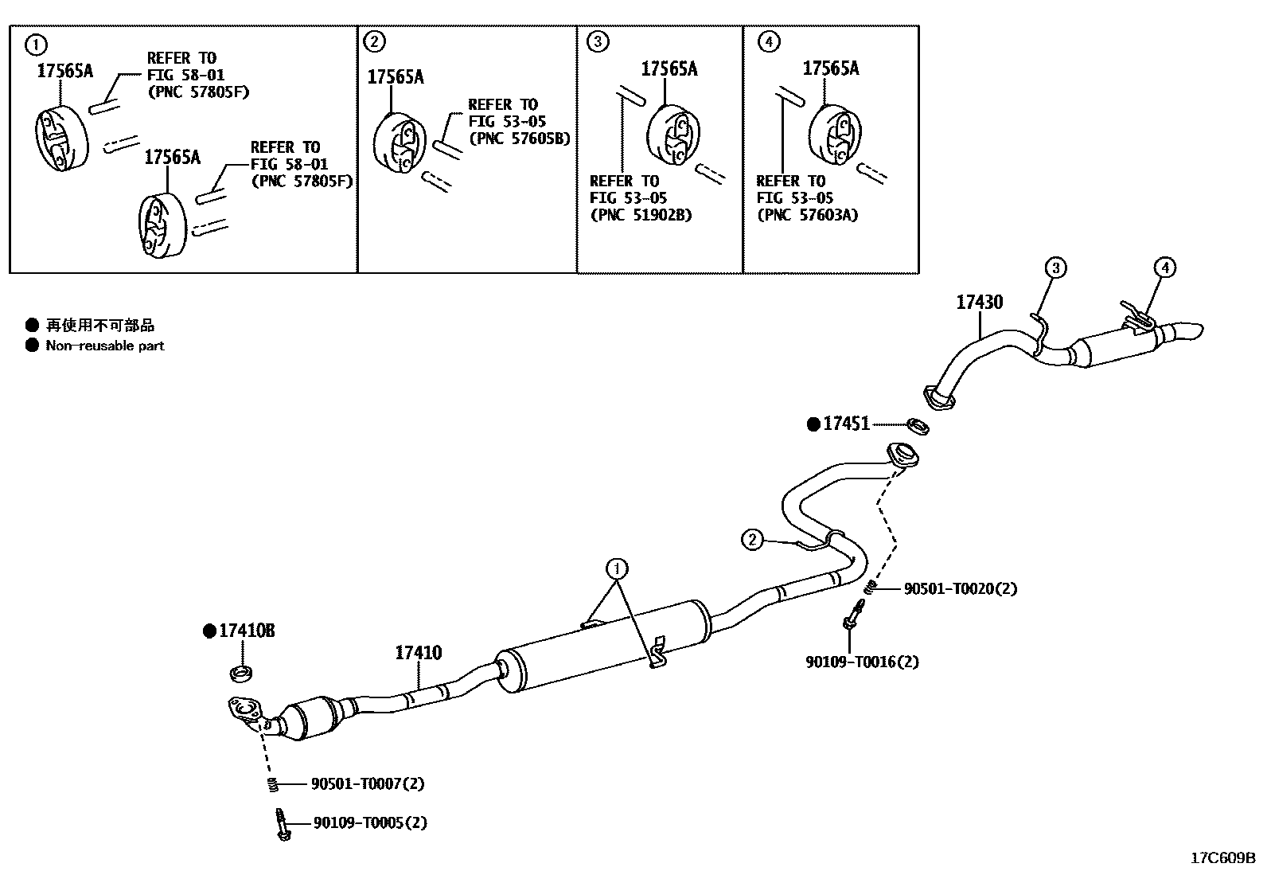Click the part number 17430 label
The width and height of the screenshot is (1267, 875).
click(979, 303)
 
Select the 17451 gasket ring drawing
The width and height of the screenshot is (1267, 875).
click(918, 427)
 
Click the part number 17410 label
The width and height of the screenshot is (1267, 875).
click(418, 654)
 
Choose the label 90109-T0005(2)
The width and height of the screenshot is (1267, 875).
click(369, 822)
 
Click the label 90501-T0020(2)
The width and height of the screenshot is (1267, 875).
click(960, 589)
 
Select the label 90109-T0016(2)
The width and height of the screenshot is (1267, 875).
click(861, 662)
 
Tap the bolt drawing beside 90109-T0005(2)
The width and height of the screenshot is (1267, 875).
click(281, 823)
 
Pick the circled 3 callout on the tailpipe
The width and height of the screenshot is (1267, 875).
click(1055, 268)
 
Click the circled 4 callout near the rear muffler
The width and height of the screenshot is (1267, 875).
click(1164, 268)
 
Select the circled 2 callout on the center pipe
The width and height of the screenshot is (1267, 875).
click(752, 540)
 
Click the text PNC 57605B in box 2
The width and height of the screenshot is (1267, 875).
click(520, 139)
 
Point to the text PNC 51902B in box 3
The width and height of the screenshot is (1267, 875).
click(641, 215)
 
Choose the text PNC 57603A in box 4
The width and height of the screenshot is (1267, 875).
click(807, 215)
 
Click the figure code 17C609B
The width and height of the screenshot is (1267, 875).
click(1222, 858)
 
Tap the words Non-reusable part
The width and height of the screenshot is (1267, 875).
click(105, 346)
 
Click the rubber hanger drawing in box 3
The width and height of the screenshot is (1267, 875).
click(673, 136)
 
